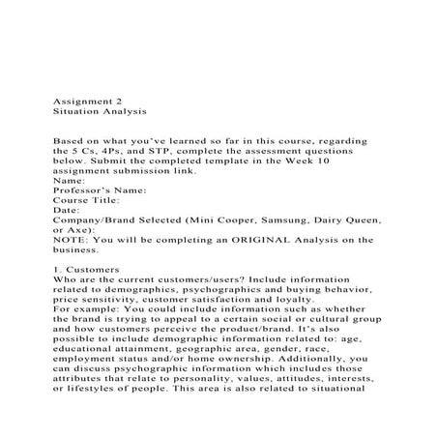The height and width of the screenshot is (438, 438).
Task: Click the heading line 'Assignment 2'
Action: tap(84, 99)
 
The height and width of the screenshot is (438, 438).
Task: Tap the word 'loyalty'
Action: tap(303, 329)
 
